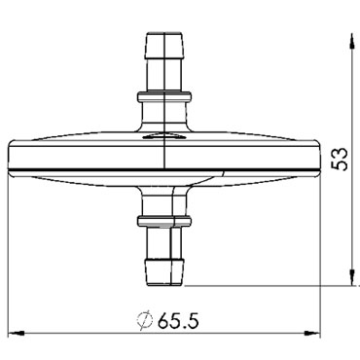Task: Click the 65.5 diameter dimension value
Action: pos(178,321)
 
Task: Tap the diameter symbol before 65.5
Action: pos(144,321)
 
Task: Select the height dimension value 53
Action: pos(340,159)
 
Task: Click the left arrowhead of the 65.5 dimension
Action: pos(17,333)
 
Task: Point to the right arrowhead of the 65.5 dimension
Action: pos(311,333)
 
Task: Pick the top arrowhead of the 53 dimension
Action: pos(351,42)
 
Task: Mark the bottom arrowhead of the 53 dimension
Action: pos(351,277)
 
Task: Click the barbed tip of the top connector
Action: pos(165,45)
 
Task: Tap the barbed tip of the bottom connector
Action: pos(164,272)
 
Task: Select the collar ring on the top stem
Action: pos(164,97)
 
